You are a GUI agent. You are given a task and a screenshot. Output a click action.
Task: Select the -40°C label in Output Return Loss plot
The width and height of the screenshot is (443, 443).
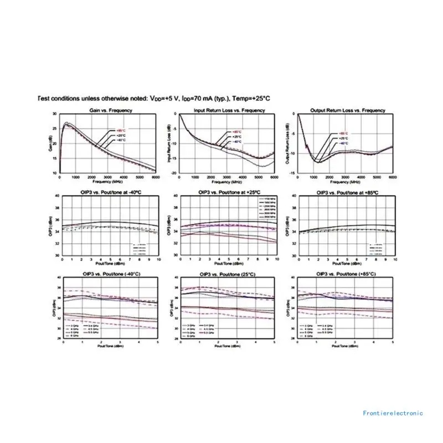click(343, 143)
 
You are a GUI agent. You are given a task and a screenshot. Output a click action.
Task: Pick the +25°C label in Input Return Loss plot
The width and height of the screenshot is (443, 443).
click(237, 137)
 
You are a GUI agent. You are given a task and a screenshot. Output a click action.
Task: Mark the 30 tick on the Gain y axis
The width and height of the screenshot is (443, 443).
click(54, 114)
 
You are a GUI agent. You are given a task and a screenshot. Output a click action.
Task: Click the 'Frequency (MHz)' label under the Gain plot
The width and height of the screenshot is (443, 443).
click(109, 182)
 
